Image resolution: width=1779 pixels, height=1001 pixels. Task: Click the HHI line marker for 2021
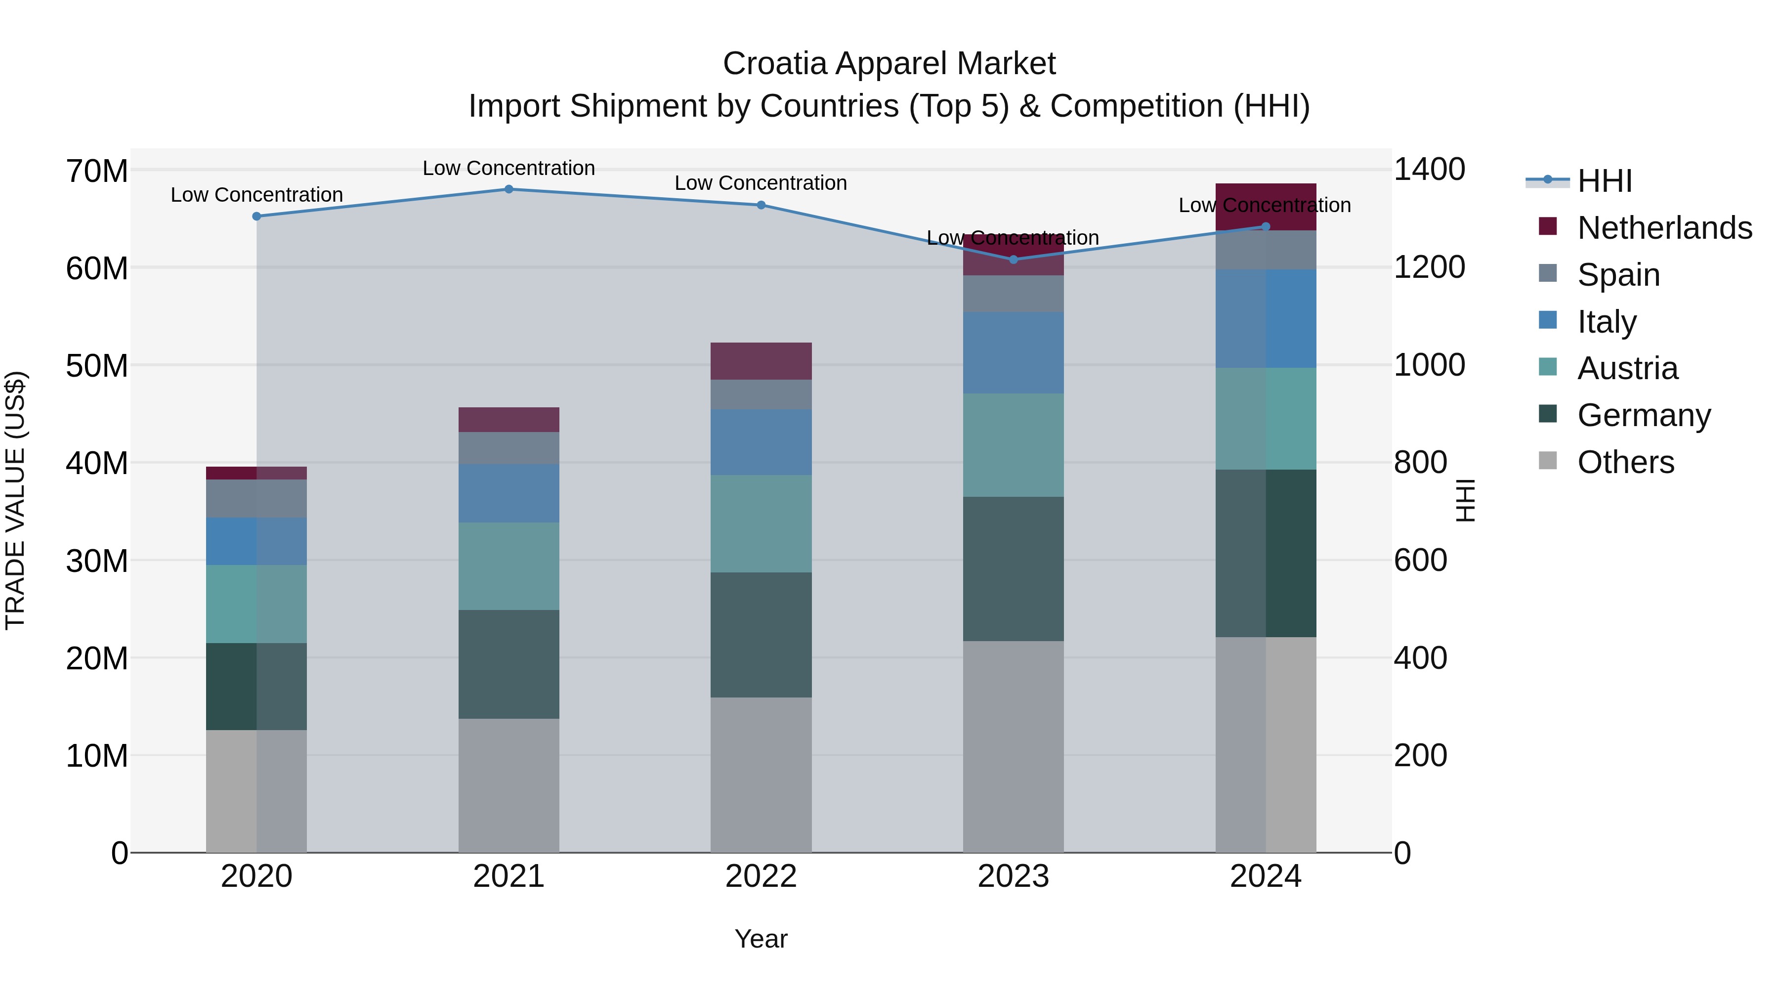(509, 189)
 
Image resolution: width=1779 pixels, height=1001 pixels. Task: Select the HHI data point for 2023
(1013, 260)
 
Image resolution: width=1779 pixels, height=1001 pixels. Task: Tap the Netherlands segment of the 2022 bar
(761, 361)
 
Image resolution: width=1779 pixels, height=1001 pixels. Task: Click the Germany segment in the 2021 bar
(509, 664)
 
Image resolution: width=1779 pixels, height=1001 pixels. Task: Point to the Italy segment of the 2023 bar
(1013, 353)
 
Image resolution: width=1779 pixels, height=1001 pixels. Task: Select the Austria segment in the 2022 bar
(761, 523)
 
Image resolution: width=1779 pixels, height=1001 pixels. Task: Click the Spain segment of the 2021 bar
(509, 448)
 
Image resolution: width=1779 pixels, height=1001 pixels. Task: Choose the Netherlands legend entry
(1664, 228)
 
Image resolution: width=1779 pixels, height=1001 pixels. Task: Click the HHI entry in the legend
(1604, 181)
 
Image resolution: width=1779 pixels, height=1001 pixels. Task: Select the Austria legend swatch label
(1627, 368)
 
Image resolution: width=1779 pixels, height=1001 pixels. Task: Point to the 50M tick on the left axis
(97, 365)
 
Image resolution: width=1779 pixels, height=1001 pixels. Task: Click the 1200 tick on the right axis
(1429, 267)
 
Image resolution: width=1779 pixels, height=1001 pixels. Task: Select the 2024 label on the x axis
(1265, 876)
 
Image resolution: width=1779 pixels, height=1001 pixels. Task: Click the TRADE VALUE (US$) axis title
(16, 500)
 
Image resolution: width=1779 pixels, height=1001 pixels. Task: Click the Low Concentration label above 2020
(257, 195)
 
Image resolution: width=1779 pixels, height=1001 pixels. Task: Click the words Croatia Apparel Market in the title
(889, 64)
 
